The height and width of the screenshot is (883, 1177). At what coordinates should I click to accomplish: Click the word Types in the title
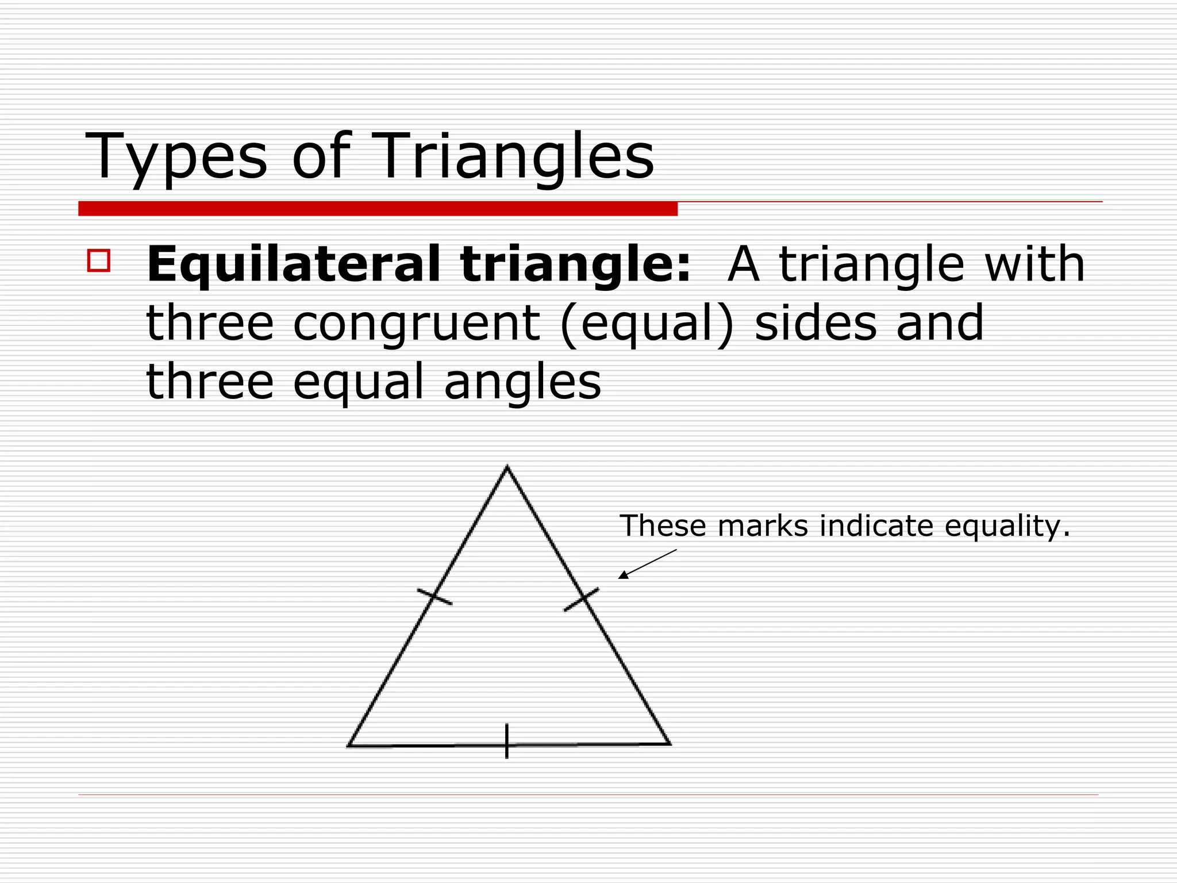[176, 156]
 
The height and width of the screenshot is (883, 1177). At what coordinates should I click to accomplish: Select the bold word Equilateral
[293, 265]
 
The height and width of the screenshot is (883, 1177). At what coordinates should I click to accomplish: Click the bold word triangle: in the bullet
[575, 265]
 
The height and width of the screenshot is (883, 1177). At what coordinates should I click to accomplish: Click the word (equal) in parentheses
[647, 324]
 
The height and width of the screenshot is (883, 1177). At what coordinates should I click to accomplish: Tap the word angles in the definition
[522, 382]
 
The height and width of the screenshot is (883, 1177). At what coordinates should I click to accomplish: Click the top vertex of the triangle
[507, 467]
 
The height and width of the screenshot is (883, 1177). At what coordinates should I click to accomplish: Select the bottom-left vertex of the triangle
[349, 746]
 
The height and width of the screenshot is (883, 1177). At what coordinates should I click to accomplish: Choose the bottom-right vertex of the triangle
[670, 744]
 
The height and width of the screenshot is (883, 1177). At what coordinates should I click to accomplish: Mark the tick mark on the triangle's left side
[434, 597]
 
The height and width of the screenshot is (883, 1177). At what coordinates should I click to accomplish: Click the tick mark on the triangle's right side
[582, 599]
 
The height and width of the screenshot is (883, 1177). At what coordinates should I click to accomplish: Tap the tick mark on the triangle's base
[506, 742]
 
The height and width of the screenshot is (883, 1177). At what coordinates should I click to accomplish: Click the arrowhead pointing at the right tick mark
[622, 575]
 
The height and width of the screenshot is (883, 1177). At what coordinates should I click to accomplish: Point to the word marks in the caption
[763, 525]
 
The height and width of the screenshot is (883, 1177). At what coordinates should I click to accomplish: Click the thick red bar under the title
[378, 209]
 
